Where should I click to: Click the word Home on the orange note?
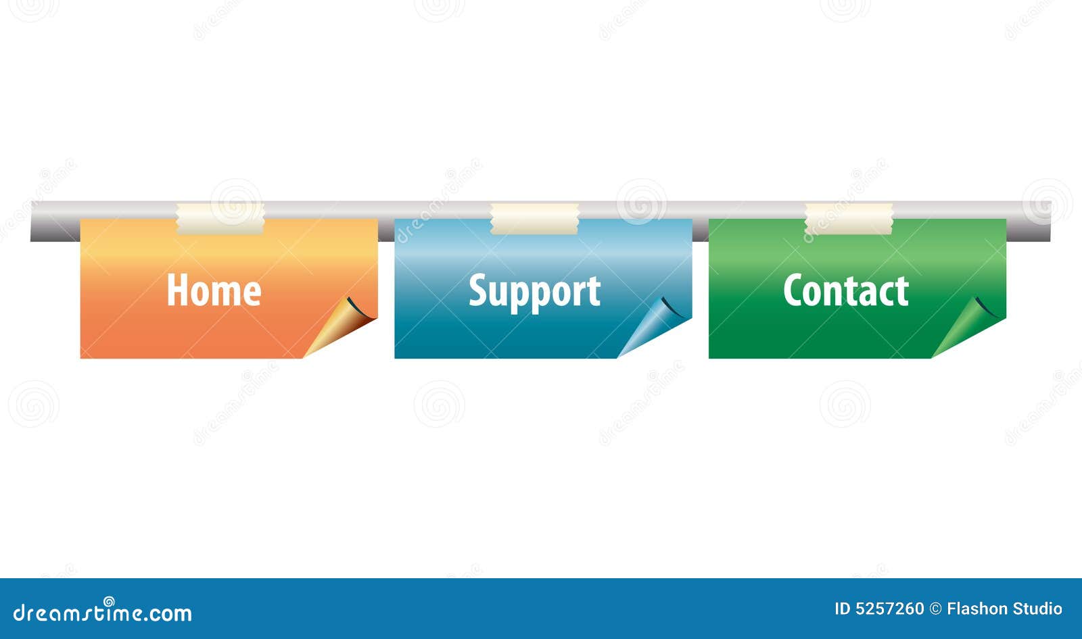point(214,290)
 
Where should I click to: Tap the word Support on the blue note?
point(535,292)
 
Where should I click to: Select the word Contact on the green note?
point(846,290)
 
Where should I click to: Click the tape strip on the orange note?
point(220,219)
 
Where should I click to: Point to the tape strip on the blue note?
point(535,219)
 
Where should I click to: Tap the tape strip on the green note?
point(849,219)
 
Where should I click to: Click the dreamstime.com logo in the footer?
point(102,611)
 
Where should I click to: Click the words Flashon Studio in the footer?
point(1004,609)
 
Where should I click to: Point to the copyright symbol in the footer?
point(936,609)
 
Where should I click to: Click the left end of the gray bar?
point(32,222)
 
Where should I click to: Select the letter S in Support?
point(477,290)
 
